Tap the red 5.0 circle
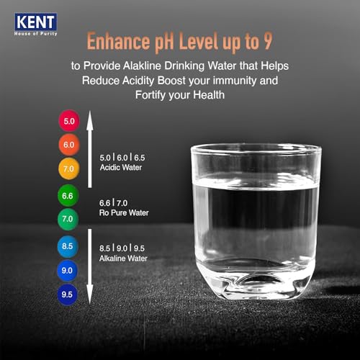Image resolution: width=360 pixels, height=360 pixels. coord(69,121)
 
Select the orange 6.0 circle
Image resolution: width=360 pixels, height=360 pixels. coord(69,145)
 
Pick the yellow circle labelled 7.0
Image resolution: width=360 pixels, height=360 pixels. coord(69,168)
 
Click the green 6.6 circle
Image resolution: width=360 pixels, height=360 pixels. coord(69,194)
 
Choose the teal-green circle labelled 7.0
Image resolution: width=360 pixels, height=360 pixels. coord(69,218)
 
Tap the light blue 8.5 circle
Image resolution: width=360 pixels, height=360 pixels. coord(69,246)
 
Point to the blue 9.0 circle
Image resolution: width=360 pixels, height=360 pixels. coord(69,270)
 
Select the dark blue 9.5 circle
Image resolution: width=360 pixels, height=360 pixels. coord(69,294)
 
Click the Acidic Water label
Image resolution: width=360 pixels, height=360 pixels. coord(119,167)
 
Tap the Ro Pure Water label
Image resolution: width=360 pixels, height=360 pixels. coord(124,214)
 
